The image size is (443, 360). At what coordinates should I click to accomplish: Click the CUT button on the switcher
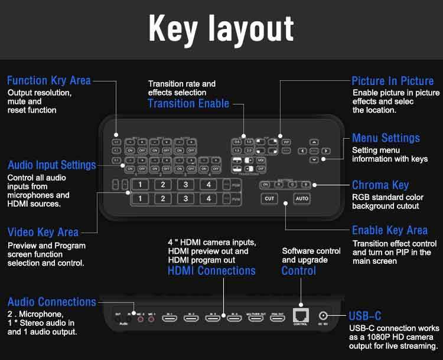click(x=269, y=199)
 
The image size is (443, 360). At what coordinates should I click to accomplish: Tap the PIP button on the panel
click(x=286, y=142)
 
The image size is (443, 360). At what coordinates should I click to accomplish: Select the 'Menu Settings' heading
click(x=386, y=138)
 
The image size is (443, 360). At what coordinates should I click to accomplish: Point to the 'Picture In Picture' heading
click(x=393, y=81)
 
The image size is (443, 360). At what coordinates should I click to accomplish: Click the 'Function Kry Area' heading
click(x=49, y=80)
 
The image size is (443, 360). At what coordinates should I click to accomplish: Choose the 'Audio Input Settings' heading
click(x=51, y=165)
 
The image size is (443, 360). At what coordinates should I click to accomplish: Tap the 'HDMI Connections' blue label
click(x=211, y=271)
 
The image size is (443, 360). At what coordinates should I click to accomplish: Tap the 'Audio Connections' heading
click(x=51, y=302)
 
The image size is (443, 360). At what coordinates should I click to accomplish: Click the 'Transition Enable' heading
click(x=188, y=104)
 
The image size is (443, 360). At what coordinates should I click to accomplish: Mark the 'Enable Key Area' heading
click(x=390, y=230)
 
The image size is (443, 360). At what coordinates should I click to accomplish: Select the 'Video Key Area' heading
click(x=43, y=232)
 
